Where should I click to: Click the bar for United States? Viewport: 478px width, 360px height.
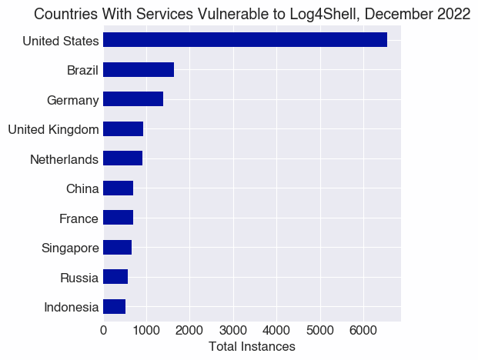(x=245, y=40)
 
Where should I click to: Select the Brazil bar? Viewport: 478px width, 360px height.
(x=139, y=70)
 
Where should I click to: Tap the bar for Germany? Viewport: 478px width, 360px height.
(x=133, y=99)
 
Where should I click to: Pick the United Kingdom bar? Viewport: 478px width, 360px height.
(x=123, y=129)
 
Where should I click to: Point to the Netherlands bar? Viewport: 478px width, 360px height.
(x=122, y=158)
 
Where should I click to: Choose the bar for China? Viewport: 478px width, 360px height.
(x=118, y=188)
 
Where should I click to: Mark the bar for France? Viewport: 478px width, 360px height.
(x=118, y=218)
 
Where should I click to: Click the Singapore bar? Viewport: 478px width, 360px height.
(x=117, y=248)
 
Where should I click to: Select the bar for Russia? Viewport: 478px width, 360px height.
(x=115, y=277)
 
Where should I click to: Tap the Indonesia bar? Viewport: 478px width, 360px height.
(x=114, y=307)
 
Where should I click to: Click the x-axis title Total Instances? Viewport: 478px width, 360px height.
(x=252, y=347)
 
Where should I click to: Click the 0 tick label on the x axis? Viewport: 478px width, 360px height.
(x=103, y=331)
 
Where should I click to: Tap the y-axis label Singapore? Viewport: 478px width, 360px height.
(x=70, y=248)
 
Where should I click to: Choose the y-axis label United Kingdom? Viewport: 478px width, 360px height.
(x=53, y=129)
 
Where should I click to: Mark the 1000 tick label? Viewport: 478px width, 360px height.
(x=146, y=331)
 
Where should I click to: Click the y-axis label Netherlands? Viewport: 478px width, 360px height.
(x=64, y=159)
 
